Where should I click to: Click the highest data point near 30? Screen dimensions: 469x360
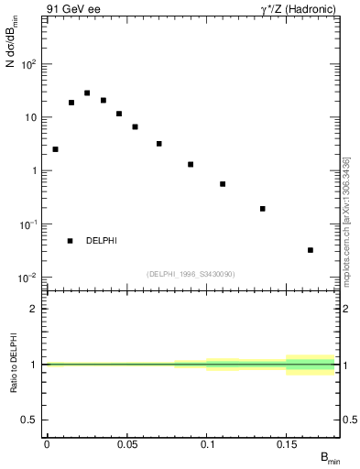coord(87,93)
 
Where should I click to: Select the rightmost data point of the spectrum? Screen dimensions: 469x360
coord(311,250)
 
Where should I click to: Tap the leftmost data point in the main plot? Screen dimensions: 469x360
coord(55,149)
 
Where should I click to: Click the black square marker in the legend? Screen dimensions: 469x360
coord(70,241)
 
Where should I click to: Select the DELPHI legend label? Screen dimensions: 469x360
coord(101,241)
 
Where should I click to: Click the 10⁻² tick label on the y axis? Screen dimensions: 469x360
coord(27,277)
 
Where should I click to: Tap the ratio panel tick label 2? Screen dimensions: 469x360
coord(34,309)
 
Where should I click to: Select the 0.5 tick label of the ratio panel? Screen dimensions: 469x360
coord(30,420)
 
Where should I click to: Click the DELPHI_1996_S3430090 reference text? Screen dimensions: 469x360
coord(191,274)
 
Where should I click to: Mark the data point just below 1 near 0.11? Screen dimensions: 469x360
coord(223,184)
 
